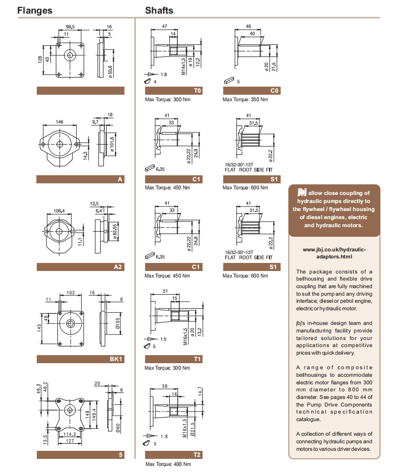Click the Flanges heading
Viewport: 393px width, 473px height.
pos(35,10)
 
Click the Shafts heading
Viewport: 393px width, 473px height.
pos(159,10)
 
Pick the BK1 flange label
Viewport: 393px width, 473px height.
pos(81,359)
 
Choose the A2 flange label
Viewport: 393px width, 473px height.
pos(81,266)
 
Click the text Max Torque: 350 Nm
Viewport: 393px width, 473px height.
pos(245,100)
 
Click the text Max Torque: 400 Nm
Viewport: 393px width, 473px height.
pos(168,464)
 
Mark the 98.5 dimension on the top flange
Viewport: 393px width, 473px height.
pos(70,27)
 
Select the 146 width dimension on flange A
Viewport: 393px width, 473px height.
pos(59,122)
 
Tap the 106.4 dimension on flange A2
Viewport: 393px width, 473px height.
pos(59,211)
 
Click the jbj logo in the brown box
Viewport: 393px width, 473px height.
pos(302,192)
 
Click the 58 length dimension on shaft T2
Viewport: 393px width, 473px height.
pos(164,385)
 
